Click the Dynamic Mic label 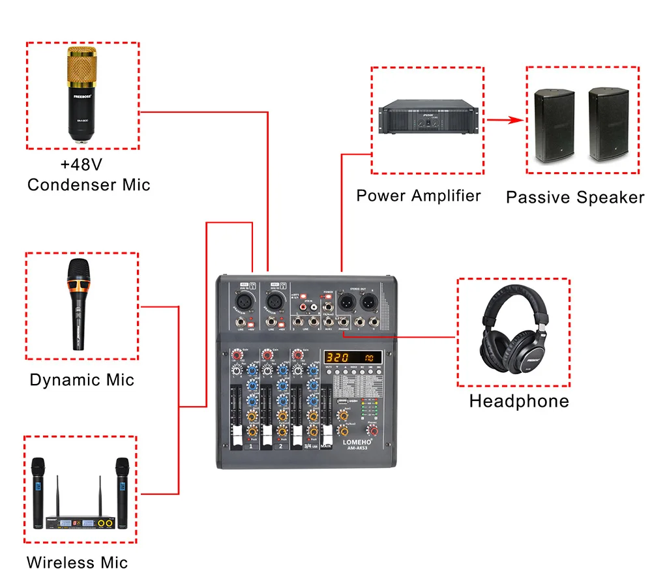point(81,380)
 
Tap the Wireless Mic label point(77,562)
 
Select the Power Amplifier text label point(418,196)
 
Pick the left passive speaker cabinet point(554,126)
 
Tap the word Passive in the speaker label point(541,198)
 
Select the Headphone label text point(519,401)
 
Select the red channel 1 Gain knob point(236,355)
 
